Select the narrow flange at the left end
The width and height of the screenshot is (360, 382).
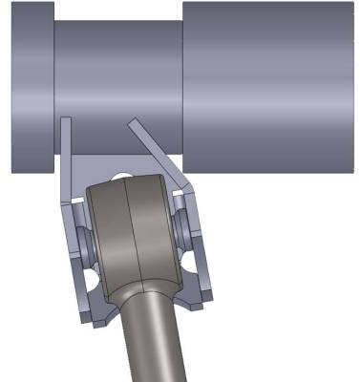pos(32,91)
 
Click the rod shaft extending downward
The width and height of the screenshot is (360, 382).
pos(153,344)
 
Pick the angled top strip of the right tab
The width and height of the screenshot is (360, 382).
pos(153,148)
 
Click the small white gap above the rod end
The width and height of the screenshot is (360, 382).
pos(122,176)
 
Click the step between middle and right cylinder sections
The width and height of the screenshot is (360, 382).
pos(182,86)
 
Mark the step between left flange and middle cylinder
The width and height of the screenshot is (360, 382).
pos(53,91)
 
